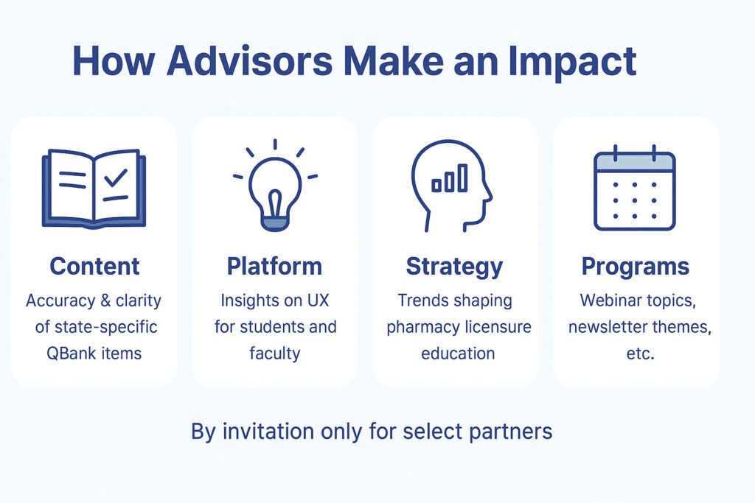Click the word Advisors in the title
249,60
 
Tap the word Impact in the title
572,63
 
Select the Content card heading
94,266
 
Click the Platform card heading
274,266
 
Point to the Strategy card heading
454,267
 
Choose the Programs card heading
635,267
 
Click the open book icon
94,188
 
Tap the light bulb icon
275,186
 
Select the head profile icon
451,186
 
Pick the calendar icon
635,188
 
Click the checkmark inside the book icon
116,177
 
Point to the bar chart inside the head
450,178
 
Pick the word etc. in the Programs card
640,354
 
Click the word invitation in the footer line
268,432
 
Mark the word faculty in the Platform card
274,353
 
